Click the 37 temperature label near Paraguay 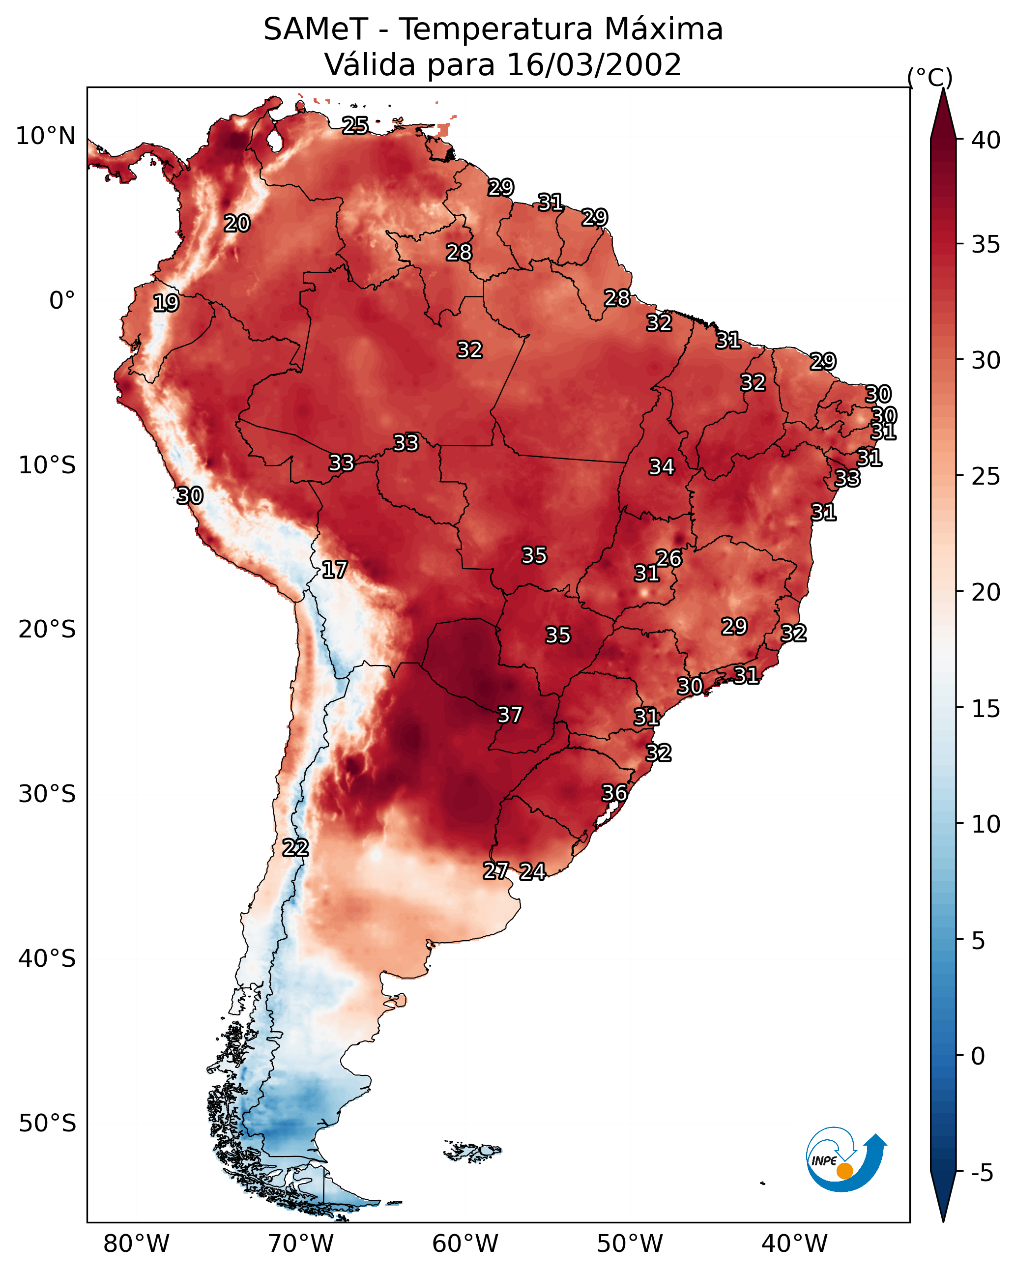[510, 715]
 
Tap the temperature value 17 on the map [334, 570]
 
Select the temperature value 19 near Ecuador [166, 303]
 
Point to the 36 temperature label [614, 793]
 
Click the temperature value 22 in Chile [295, 848]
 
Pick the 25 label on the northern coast [355, 125]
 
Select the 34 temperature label [662, 467]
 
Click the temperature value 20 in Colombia [237, 224]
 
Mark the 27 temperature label [495, 871]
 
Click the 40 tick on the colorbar [986, 140]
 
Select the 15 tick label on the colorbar [986, 709]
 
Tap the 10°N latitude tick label [45, 136]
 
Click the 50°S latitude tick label [47, 1124]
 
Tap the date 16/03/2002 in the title [594, 65]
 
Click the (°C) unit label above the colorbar [930, 77]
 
